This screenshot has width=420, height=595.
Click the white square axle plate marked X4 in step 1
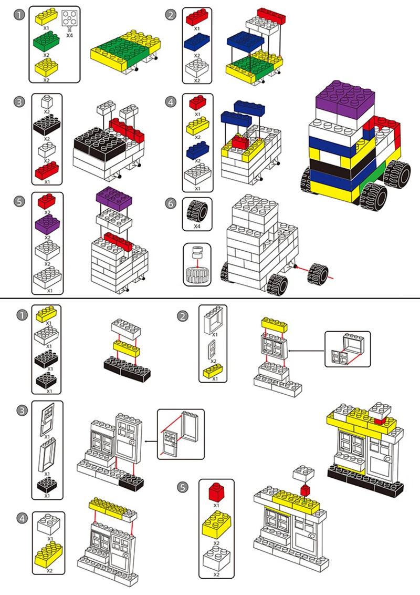coord(70,19)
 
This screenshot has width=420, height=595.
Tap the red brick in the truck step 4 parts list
coord(197,101)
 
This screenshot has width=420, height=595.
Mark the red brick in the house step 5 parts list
coord(216,493)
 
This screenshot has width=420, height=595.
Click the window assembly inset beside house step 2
coord(347,349)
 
